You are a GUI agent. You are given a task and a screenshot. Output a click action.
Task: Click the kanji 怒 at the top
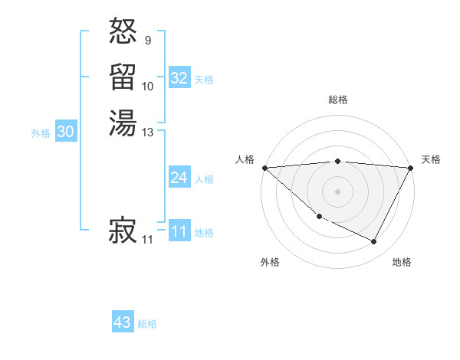tap(123, 32)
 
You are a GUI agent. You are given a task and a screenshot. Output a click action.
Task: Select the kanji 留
tap(123, 77)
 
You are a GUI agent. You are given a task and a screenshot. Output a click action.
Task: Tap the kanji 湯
tap(123, 123)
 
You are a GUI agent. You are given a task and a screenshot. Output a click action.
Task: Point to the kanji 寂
tap(123, 231)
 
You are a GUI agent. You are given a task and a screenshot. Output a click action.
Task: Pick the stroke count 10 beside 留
tap(148, 87)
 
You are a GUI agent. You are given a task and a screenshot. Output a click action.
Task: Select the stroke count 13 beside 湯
tap(149, 133)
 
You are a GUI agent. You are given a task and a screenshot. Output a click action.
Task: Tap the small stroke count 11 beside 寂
tap(147, 241)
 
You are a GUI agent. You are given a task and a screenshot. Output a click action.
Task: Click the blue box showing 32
tap(179, 78)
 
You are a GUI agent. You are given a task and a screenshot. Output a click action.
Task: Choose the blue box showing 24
tap(179, 178)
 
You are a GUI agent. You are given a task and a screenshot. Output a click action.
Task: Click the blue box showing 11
tap(179, 231)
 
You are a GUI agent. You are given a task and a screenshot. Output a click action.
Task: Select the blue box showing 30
tap(66, 132)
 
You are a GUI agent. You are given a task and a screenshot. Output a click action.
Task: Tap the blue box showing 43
tap(123, 322)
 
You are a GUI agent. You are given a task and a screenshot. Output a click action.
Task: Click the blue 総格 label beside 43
tap(148, 324)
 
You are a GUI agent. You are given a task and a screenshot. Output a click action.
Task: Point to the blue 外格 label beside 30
tap(41, 133)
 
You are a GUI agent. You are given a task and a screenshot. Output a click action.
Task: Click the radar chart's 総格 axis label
tap(338, 100)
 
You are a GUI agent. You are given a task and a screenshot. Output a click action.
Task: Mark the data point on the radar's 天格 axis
tap(411, 168)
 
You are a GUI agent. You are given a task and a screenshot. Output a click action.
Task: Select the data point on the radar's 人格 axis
tap(264, 168)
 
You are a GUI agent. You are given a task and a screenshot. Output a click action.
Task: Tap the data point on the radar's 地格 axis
tap(374, 242)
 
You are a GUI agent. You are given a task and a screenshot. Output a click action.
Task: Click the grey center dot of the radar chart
tap(338, 191)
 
